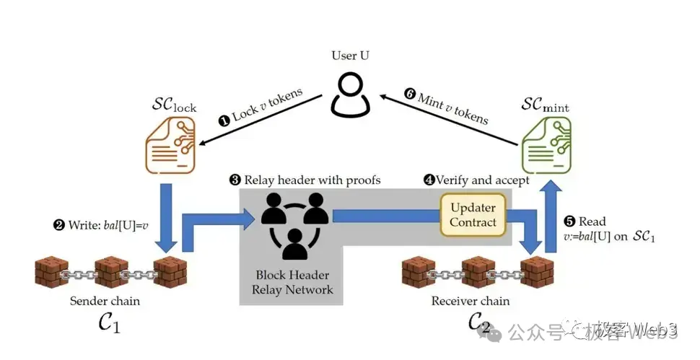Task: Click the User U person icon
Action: (350, 96)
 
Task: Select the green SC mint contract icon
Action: (546, 149)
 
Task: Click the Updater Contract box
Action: (473, 215)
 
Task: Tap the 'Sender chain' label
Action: (105, 300)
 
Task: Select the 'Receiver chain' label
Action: (470, 300)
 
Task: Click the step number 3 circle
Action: (235, 180)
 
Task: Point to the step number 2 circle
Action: (58, 224)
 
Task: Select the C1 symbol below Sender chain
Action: (109, 322)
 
